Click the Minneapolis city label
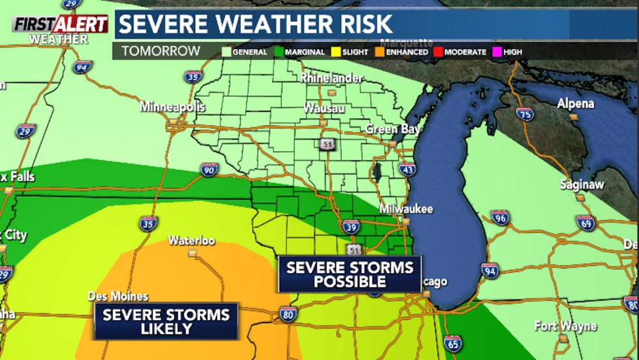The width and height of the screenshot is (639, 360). (172, 107)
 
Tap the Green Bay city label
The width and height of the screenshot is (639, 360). (392, 129)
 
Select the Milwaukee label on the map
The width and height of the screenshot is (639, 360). (406, 209)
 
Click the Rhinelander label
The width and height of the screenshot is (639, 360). (331, 78)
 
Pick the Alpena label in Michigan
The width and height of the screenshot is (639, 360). (575, 104)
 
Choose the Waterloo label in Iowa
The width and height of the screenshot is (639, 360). (191, 241)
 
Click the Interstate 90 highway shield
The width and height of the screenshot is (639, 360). (209, 170)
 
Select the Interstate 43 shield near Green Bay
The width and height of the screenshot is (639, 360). (408, 170)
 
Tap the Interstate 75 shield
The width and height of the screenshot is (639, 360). (524, 114)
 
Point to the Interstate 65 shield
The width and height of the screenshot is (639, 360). (453, 342)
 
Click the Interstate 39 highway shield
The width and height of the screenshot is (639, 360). (350, 226)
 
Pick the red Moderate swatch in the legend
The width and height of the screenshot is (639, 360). (439, 52)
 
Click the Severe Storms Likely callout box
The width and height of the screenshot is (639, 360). (166, 322)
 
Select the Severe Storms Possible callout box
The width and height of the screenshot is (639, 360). (349, 274)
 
